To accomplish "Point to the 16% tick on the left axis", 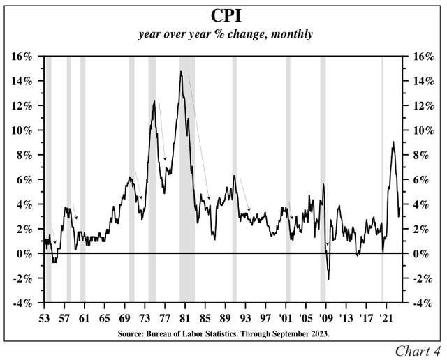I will pos(23,57).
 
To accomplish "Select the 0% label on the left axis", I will pos(26,254).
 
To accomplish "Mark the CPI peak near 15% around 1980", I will pos(181,72).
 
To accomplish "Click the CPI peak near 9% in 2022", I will pos(393,142).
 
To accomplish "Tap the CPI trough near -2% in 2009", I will pos(328,279).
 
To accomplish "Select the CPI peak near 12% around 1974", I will pos(154,102).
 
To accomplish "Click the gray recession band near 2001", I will pos(288,174).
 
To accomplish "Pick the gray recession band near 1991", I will pos(235,174).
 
